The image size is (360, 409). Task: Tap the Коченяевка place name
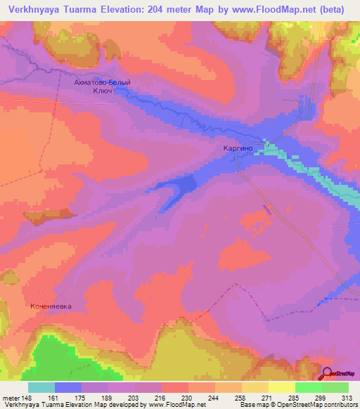(x=52, y=307)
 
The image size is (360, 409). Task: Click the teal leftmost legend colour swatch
(x=41, y=387)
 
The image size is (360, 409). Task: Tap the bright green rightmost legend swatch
(x=335, y=387)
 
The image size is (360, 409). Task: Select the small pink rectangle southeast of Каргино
(x=266, y=209)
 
